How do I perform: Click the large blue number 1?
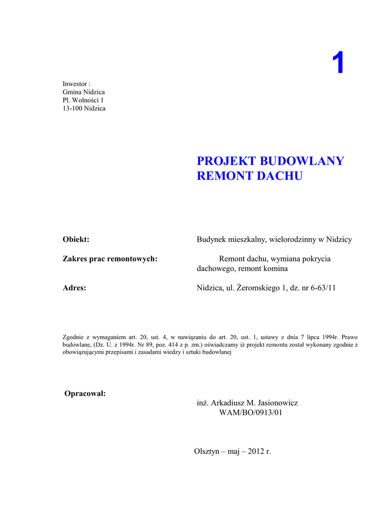[338, 64]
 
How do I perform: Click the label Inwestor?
[75, 83]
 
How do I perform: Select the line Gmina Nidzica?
[83, 92]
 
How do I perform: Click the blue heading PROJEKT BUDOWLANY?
[270, 161]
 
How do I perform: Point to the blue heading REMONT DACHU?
[249, 176]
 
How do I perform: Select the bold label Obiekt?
[76, 239]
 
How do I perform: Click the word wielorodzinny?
[293, 239]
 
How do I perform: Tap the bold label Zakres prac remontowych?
[110, 258]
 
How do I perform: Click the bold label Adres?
[74, 288]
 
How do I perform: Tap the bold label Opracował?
[85, 393]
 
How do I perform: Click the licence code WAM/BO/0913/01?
[251, 413]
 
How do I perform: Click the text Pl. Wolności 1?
[83, 100]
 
